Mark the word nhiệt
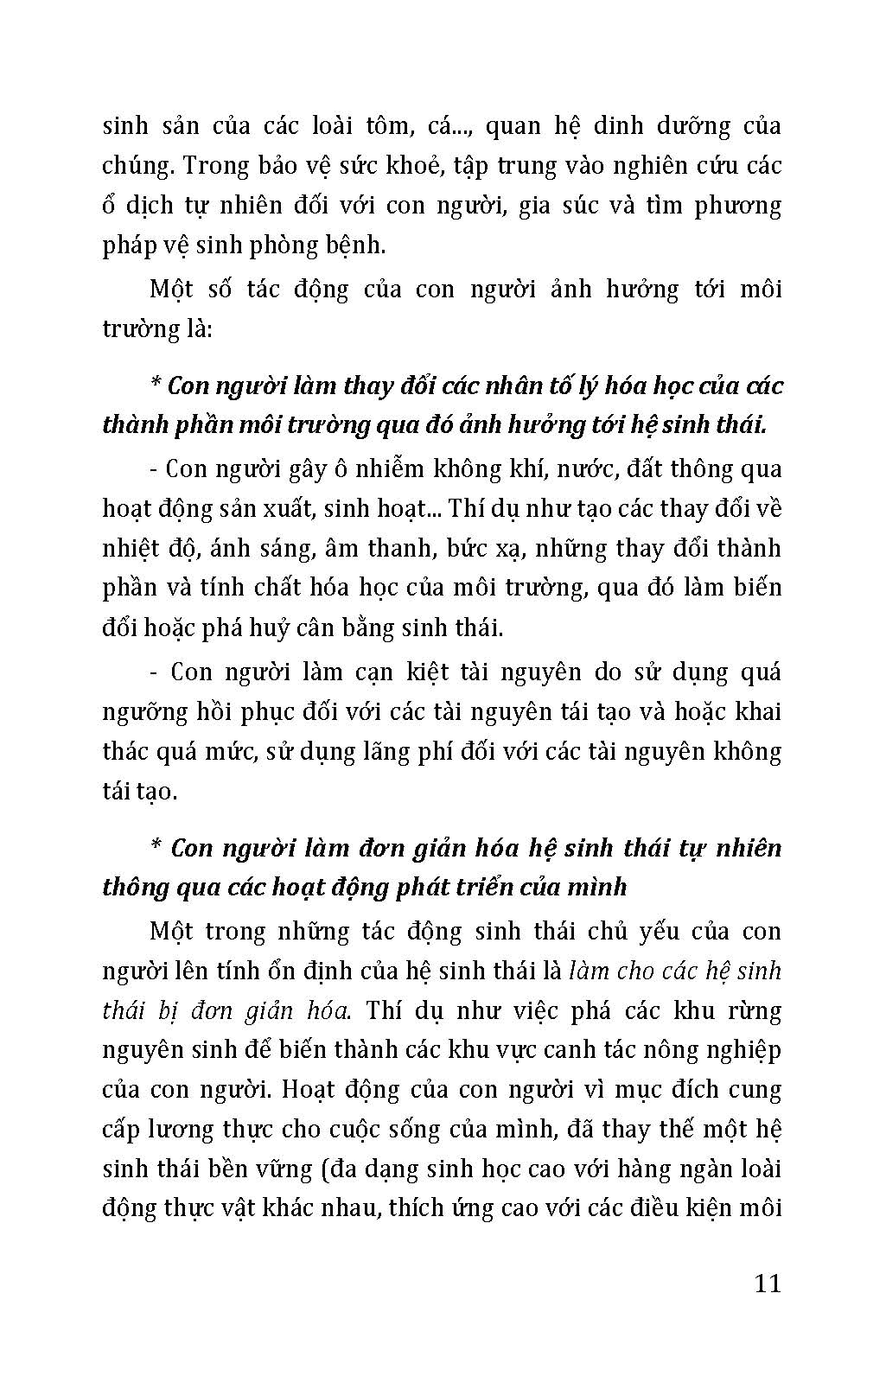(x=130, y=548)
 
